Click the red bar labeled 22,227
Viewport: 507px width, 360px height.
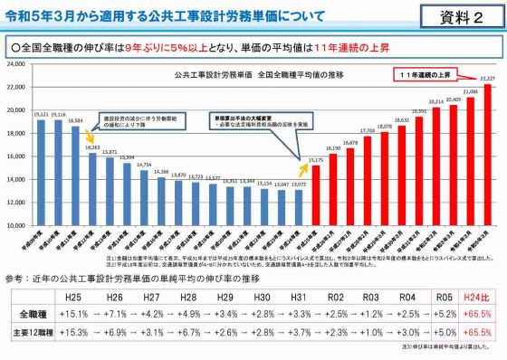[488, 154]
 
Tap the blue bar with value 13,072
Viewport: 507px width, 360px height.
[299, 207]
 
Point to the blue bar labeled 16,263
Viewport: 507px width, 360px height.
[92, 188]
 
